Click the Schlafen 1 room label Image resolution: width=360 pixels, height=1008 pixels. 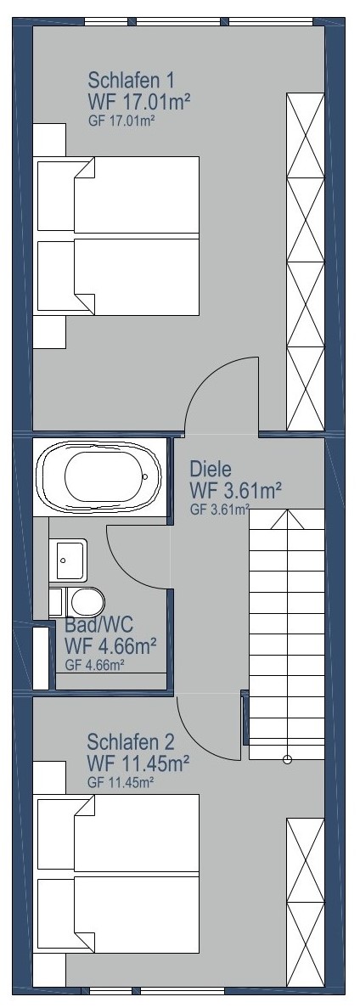[x=131, y=81]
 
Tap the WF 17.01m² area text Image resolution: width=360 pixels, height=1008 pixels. [x=140, y=101]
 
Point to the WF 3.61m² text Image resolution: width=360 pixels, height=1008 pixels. [x=236, y=491]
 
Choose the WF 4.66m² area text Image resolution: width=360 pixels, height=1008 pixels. [x=111, y=645]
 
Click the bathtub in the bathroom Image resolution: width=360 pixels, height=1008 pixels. [x=102, y=477]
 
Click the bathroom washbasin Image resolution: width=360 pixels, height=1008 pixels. [x=68, y=560]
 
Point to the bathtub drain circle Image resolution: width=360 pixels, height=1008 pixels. [x=146, y=477]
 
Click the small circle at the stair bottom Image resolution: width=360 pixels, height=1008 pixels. [x=287, y=760]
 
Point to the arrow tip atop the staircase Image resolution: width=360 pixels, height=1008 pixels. [x=287, y=510]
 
